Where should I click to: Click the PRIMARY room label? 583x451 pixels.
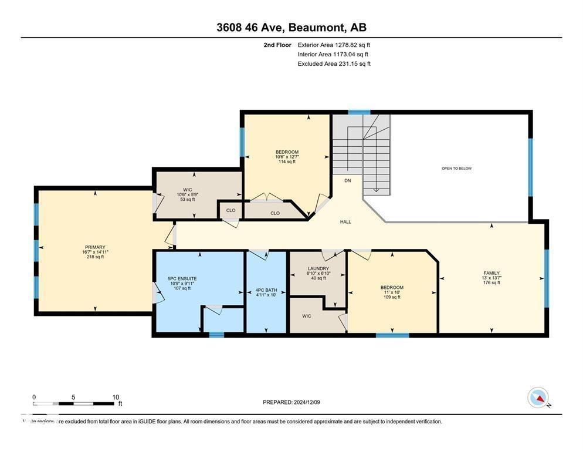point(94,247)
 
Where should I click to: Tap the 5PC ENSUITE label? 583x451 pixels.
point(182,278)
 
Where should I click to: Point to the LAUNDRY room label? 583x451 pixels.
point(318,268)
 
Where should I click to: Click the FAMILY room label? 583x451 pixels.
point(492,273)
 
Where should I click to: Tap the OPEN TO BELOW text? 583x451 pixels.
point(456,169)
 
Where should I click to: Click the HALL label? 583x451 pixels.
point(345,222)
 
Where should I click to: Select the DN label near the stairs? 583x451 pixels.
point(348,181)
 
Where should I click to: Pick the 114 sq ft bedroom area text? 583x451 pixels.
point(287,161)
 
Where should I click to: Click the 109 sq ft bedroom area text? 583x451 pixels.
point(392,297)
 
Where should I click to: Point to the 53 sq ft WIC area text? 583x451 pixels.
point(188,200)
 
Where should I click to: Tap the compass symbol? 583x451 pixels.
point(538,398)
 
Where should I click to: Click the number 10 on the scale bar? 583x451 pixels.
point(116,397)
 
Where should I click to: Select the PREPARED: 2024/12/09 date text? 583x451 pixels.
point(291,402)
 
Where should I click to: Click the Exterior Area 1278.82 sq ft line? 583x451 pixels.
point(334,45)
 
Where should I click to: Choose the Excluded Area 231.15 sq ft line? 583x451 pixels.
point(334,63)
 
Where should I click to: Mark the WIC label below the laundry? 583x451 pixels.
point(306,316)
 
